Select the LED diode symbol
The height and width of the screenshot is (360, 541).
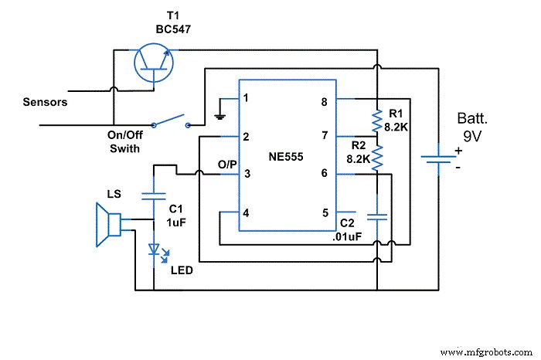pyautogui.click(x=154, y=250)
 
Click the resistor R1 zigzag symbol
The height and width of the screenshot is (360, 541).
pyautogui.click(x=376, y=120)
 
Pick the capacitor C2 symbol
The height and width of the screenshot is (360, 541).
pyautogui.click(x=376, y=219)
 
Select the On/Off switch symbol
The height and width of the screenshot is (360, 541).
pyautogui.click(x=170, y=121)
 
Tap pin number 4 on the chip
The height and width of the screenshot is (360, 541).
pyautogui.click(x=246, y=212)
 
